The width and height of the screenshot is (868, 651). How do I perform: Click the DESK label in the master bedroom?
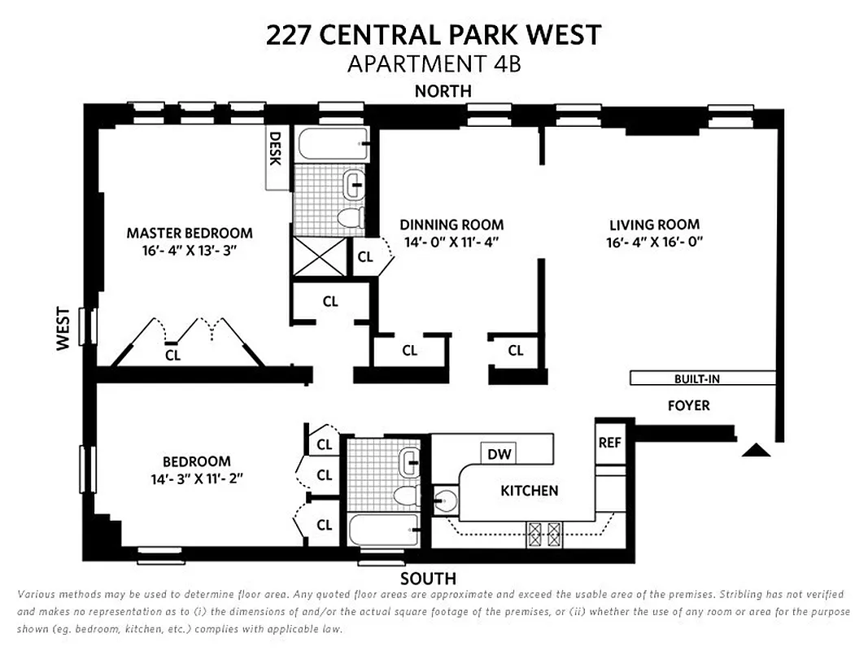pos(275,149)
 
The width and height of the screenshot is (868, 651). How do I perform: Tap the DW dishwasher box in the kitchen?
pos(499,454)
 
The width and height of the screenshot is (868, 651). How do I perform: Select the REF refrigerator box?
pos(609,443)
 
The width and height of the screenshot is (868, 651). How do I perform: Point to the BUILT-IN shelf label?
pos(697,378)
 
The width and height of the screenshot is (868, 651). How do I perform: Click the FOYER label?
pos(688,405)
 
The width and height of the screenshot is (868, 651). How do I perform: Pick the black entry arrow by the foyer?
pos(757,450)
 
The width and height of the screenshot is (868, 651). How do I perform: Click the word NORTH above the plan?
pos(443,91)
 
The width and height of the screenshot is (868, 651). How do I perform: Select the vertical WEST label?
pos(64,334)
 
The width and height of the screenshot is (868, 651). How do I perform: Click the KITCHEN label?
pos(529,491)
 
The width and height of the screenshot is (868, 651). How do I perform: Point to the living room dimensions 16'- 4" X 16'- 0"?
pos(654,242)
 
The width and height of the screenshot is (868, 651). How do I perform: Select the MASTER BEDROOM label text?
pos(190,233)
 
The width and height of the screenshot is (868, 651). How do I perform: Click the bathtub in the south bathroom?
pos(383,531)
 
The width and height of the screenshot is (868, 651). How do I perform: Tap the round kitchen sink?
pos(445,500)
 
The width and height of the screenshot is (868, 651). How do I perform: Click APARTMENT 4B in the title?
pos(434,63)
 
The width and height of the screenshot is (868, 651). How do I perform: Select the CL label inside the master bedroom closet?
pos(172,355)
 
